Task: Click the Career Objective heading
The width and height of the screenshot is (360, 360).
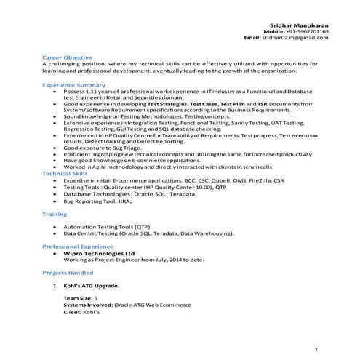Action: tap(67, 57)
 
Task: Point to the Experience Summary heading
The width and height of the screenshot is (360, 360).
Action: tap(74, 85)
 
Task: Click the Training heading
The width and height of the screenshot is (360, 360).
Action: tap(55, 215)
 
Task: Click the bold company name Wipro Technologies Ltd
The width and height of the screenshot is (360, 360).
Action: tap(100, 254)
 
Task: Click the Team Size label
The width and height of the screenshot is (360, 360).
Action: tap(78, 299)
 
